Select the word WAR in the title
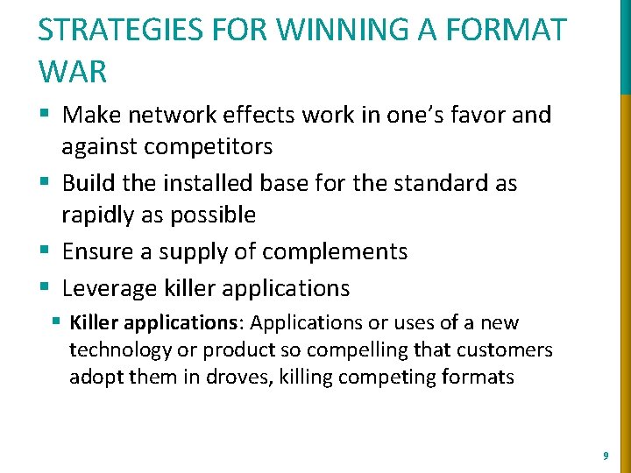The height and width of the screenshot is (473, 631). (x=72, y=72)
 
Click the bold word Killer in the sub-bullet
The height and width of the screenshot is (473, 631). (x=94, y=323)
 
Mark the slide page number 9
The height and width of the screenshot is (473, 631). (x=606, y=455)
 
